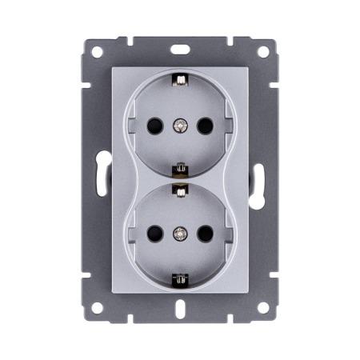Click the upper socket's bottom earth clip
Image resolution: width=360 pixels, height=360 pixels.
click(181, 170)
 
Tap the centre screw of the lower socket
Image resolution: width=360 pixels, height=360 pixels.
click(181, 234)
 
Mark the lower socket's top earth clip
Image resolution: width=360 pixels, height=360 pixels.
click(181, 189)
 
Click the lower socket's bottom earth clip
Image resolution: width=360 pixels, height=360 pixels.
click(181, 278)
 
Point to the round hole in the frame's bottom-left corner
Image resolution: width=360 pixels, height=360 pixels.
click(96, 306)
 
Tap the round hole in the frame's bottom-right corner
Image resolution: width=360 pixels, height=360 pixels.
click(264, 306)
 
